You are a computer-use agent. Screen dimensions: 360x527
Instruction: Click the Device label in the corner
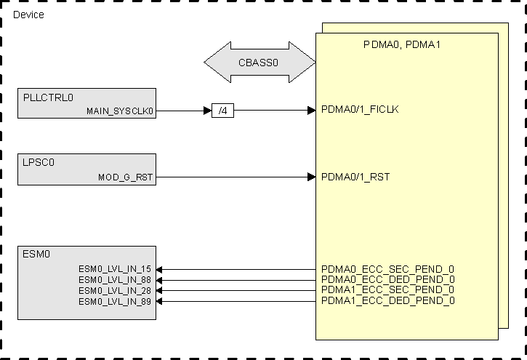(29, 15)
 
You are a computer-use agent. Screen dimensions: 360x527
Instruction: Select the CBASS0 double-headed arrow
(259, 63)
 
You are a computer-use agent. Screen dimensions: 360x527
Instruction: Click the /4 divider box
(222, 111)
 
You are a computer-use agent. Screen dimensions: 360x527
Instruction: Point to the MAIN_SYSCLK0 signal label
(120, 111)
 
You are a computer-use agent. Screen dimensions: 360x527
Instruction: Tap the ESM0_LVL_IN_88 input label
(115, 280)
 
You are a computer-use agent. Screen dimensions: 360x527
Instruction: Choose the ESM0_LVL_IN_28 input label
(115, 290)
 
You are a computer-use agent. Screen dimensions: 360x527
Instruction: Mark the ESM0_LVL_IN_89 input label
(115, 301)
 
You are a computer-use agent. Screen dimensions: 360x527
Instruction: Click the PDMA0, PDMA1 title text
(402, 45)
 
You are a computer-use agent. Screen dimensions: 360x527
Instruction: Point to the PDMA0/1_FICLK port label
(360, 111)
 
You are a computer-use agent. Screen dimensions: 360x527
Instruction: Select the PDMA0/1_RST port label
(355, 177)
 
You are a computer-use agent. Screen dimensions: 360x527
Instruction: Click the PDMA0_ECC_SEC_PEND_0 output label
(388, 269)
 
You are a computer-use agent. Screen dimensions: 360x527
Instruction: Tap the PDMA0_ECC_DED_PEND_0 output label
(388, 279)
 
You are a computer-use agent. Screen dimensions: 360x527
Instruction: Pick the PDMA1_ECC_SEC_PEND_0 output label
(388, 290)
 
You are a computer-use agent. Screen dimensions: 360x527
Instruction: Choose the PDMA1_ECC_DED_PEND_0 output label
(388, 300)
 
